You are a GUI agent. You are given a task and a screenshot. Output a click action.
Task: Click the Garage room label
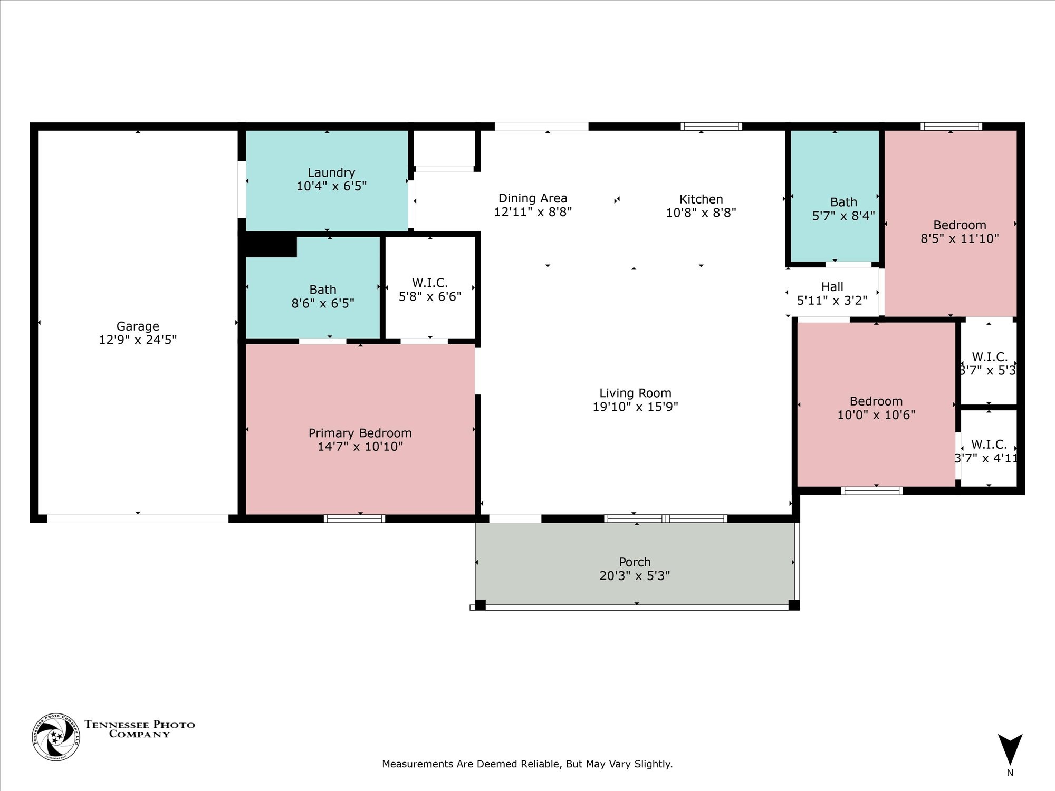coord(138,326)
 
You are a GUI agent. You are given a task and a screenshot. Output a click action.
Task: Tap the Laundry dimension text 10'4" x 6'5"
coord(331,186)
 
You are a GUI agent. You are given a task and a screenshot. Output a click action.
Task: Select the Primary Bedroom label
coord(360,433)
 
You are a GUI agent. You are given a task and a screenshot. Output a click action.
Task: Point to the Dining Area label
coord(533,198)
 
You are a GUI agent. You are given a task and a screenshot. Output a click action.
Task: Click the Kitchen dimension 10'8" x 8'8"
coord(701,213)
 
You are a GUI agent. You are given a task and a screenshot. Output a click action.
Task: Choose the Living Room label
coord(635,393)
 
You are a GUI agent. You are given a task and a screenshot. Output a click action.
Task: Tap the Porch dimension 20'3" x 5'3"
coord(635,576)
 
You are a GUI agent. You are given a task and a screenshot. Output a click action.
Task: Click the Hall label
coord(832,287)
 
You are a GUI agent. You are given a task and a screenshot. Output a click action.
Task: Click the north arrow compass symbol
coord(1010,749)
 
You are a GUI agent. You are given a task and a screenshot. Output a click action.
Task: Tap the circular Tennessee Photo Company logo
coord(56,737)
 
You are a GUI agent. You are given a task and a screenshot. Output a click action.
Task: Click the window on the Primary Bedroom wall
coord(354,518)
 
